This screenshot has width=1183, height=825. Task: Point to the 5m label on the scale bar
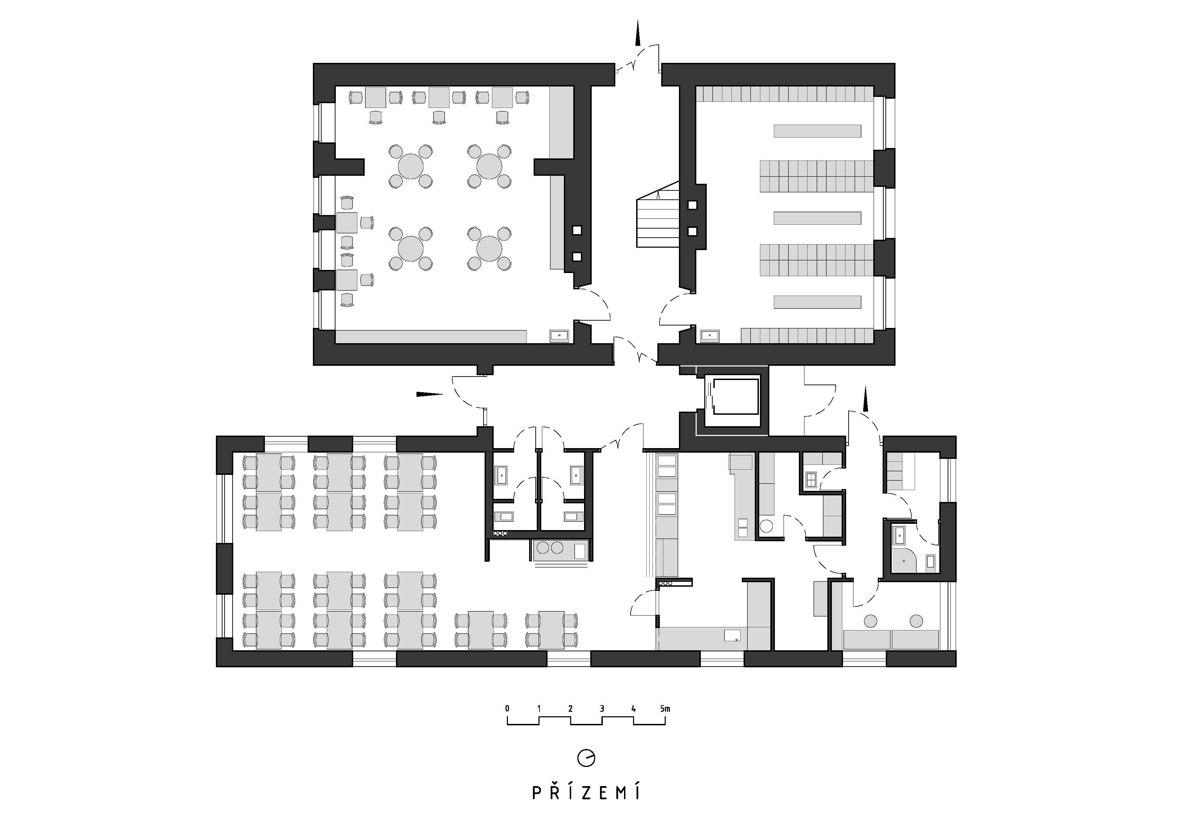pos(665,709)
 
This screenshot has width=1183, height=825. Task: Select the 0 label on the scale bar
pos(508,709)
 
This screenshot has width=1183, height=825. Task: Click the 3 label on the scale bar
pos(602,709)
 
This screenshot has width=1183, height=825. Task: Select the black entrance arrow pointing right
pos(430,395)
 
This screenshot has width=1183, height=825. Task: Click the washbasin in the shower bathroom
pos(900,536)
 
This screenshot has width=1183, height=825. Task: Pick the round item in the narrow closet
pos(767,526)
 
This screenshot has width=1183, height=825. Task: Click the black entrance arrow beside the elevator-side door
pos(866,399)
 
